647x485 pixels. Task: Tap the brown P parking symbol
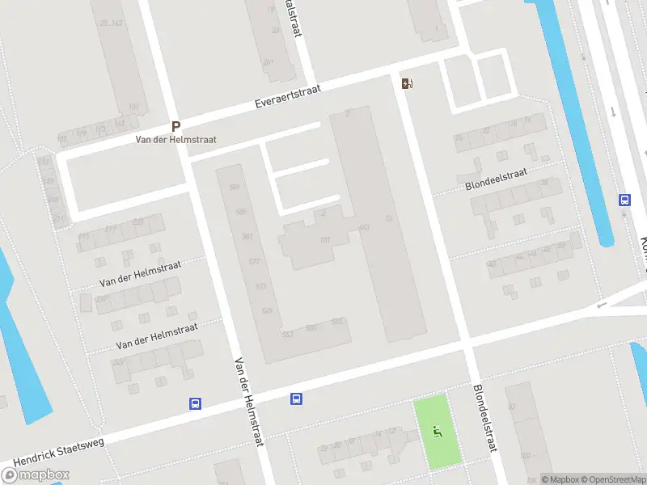175,127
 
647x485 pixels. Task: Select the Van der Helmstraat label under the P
175,140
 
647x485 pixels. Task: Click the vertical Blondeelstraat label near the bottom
484,419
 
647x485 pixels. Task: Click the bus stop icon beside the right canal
624,200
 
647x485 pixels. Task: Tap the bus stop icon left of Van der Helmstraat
195,403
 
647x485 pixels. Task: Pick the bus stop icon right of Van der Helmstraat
297,399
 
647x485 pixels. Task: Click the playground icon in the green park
438,432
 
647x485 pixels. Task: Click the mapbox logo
35,475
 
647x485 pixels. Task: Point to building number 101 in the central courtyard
326,240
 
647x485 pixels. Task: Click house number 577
255,261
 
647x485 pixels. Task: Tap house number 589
235,188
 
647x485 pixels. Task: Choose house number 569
268,310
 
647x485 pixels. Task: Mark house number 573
260,286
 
